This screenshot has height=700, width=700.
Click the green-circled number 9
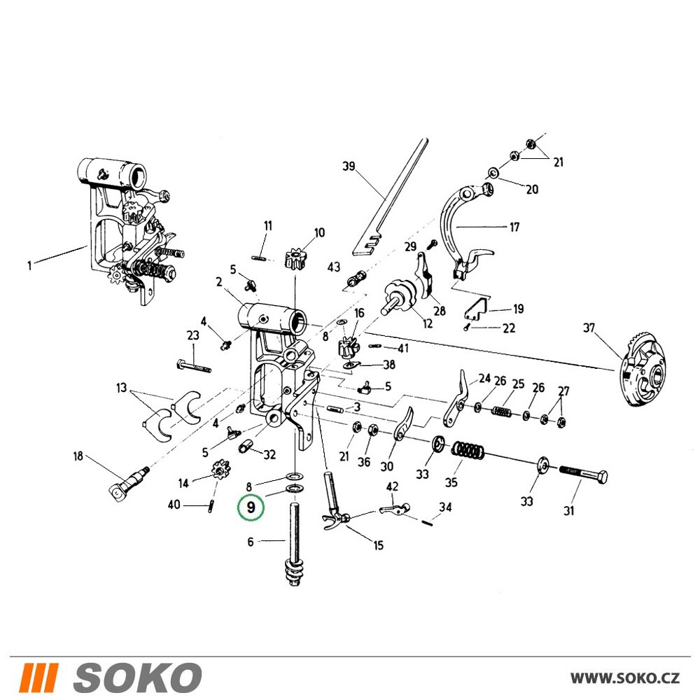pyautogui.click(x=251, y=507)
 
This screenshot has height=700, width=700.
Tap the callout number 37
pyautogui.click(x=589, y=328)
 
